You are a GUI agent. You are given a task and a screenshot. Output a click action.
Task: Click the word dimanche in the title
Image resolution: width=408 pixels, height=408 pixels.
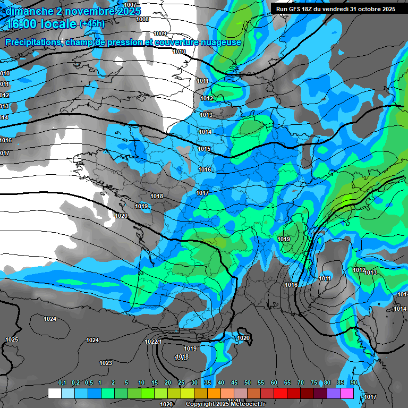coord(29,11)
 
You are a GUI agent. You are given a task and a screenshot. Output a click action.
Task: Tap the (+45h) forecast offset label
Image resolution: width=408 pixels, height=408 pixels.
coord(92,24)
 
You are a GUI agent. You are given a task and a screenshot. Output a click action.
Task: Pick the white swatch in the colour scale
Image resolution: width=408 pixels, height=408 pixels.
coord(55,393)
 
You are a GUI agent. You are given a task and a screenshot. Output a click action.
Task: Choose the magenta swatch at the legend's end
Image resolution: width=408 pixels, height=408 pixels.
coord(347,393)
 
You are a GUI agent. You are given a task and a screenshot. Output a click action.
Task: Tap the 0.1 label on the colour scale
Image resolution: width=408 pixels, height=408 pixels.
coord(62,383)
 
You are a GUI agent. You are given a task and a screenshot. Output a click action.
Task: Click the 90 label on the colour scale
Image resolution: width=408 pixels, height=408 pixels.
coord(354,383)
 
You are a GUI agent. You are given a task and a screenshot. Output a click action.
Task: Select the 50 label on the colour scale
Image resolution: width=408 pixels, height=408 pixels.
coord(248,383)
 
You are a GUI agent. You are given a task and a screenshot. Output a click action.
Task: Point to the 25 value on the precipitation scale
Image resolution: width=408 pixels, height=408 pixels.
coord(181,383)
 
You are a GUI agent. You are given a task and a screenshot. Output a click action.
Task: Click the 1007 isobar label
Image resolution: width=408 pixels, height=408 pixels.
coord(130,5)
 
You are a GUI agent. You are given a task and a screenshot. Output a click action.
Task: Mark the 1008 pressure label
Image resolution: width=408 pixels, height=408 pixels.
coord(142,19)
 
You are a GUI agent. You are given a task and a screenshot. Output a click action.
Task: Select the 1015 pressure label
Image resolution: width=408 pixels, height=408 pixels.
coord(205,149)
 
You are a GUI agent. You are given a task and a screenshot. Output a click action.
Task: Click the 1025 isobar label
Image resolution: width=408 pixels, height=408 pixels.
coord(12,339)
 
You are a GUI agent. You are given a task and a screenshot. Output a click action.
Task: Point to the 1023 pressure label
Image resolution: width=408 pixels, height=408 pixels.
coord(106,363)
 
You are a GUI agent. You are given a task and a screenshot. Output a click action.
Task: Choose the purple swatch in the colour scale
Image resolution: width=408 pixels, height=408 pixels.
coord(334,393)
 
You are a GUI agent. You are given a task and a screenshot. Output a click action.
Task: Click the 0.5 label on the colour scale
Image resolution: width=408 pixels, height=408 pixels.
coord(88,383)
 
